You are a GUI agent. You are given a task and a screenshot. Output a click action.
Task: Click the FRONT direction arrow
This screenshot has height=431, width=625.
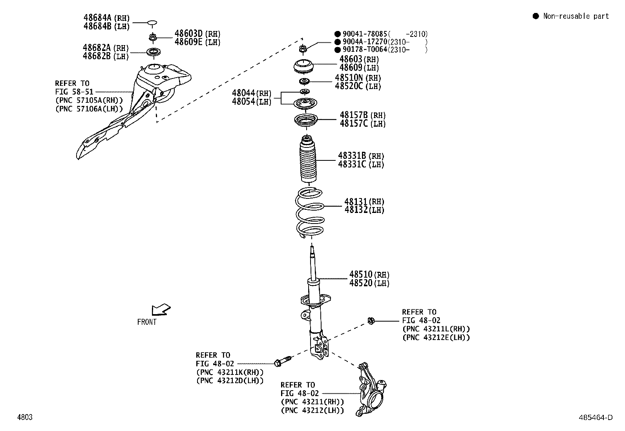pos(161,310)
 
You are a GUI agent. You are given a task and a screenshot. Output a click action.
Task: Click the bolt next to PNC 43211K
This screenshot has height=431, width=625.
pos(283,361)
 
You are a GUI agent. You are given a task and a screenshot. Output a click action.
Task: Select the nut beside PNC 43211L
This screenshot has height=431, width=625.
pos(370,321)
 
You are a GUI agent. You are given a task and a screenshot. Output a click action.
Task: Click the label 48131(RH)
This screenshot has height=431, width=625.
pos(364,202)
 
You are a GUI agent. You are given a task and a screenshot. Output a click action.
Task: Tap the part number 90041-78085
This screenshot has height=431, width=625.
pos(365,34)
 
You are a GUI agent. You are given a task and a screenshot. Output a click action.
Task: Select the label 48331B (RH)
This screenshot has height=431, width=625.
pos(361,156)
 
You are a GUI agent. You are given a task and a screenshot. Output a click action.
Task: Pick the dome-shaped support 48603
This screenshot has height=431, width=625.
pos(304,66)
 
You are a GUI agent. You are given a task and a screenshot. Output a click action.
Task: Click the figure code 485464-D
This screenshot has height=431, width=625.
pos(595,418)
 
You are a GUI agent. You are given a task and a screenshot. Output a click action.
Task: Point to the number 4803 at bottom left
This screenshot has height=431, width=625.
pos(24,417)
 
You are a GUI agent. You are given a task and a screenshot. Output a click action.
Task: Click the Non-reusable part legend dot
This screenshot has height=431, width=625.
pos(535,16)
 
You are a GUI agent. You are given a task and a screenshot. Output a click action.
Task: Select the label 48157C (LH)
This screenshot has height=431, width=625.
pos(362,124)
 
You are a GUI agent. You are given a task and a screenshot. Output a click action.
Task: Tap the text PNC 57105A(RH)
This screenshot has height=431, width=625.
pos(90,100)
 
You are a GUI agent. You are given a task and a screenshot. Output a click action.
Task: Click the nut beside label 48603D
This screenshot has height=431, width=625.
pos(153,38)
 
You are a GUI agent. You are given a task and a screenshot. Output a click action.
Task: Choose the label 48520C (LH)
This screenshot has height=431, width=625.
pos(358,86)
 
